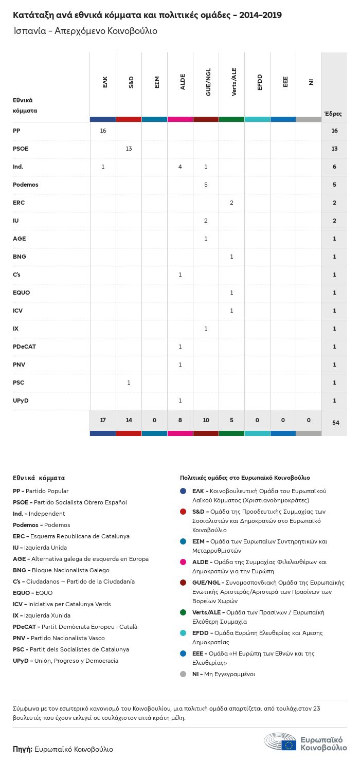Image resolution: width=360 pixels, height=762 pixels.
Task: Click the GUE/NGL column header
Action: coord(208,83)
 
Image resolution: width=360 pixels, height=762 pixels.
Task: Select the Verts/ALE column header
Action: coord(234,83)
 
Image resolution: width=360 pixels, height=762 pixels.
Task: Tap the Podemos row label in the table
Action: coord(26,185)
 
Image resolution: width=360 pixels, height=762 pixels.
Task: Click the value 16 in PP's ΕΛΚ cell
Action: coord(103,131)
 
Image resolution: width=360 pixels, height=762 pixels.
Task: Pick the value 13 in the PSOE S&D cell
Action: coord(129,149)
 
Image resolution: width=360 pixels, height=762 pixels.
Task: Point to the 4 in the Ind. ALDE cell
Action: coord(180,167)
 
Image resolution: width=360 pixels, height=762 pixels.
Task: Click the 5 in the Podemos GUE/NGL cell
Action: coord(206,185)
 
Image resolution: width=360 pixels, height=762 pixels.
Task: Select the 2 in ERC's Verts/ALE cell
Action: coord(231,203)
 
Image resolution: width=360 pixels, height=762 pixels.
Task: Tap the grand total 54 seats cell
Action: coord(335,423)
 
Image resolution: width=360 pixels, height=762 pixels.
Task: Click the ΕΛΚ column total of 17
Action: coord(103,420)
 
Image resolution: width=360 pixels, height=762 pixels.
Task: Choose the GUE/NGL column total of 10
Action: coord(206,420)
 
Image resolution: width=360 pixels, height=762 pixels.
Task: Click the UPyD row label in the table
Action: coord(21,401)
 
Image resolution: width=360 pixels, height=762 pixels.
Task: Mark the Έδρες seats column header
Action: coord(333,114)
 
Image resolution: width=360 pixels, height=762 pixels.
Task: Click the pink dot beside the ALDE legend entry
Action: coord(183,563)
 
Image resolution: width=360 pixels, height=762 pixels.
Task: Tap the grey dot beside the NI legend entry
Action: coord(183,674)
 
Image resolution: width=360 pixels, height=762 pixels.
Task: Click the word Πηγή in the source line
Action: coord(23,749)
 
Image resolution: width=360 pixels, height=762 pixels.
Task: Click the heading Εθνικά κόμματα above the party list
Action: coord(39,478)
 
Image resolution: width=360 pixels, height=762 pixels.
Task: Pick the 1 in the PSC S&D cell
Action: coord(129,383)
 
